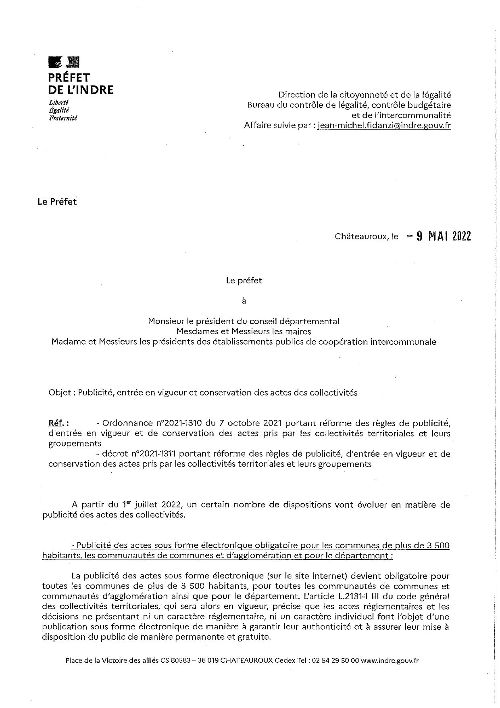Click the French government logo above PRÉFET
click(64, 62)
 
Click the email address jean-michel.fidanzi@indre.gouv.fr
click(384, 125)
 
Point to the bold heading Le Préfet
click(57, 202)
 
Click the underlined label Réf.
click(58, 423)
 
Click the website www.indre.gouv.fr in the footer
click(390, 661)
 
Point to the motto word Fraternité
click(62, 118)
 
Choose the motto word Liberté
click(58, 103)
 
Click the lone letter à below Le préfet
click(244, 301)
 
